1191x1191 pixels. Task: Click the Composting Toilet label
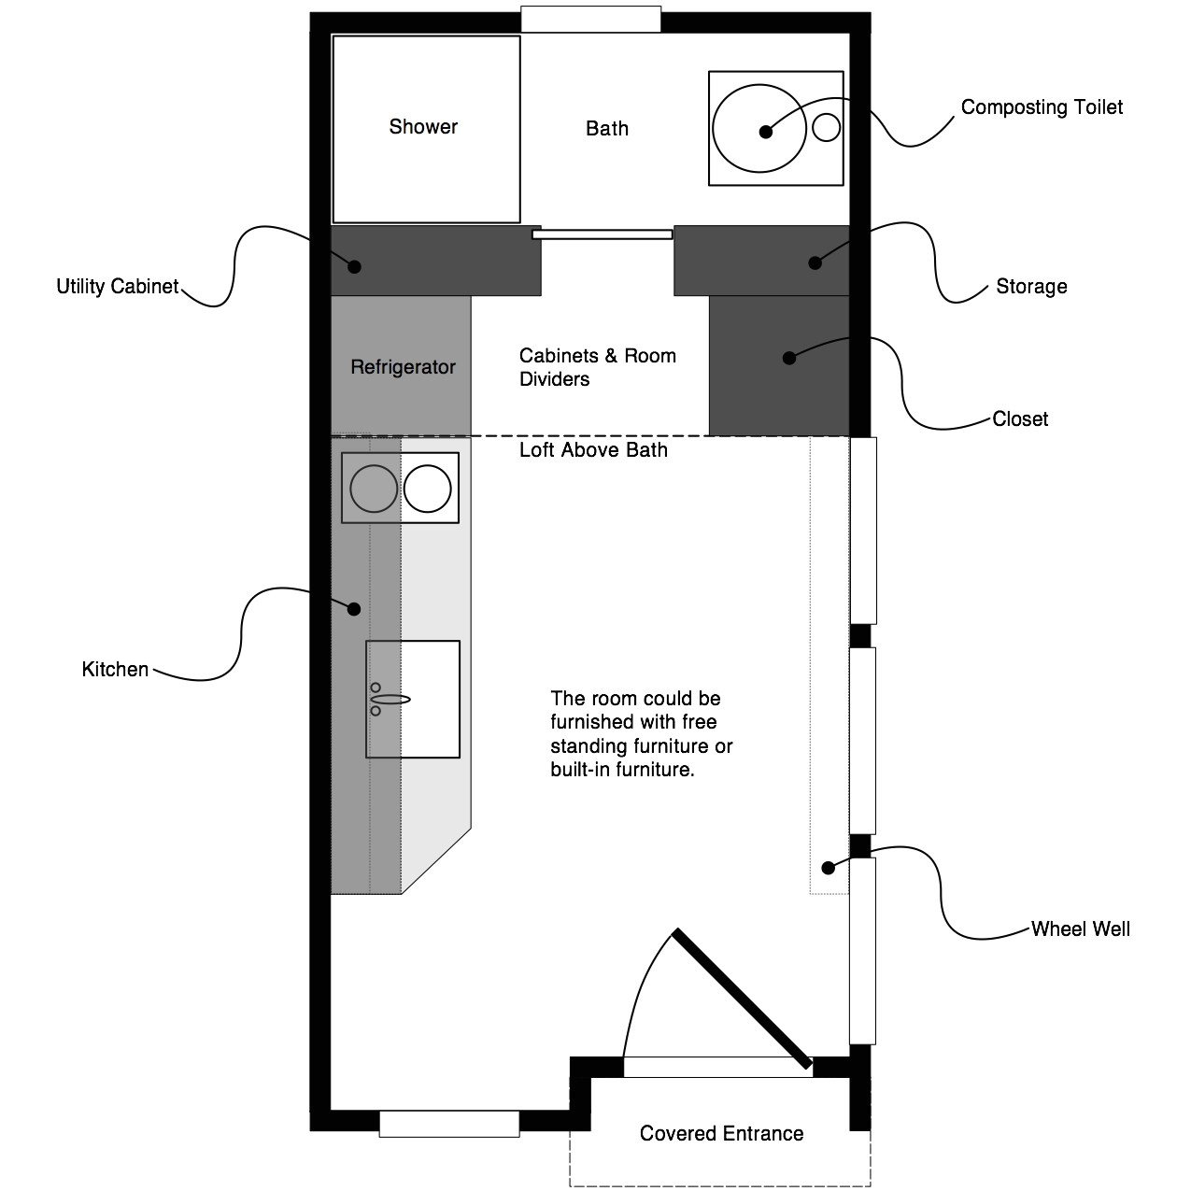coord(1042,107)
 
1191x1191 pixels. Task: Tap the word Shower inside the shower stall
coord(423,127)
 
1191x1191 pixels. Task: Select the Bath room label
coord(607,129)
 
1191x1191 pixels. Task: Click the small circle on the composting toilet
coord(827,126)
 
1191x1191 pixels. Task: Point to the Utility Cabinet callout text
coord(117,287)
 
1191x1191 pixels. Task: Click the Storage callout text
coord(1031,287)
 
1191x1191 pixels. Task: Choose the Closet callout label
coord(1020,419)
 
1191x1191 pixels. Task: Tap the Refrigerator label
coord(403,367)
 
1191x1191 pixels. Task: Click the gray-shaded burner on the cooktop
coord(374,488)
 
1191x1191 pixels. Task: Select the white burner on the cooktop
coord(428,488)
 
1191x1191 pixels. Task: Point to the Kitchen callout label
coord(115,670)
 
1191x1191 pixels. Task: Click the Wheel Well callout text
coord(1080,929)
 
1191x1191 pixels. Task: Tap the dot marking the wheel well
coord(828,868)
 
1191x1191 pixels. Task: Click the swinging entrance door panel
coord(743,998)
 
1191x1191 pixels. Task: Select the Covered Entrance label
coord(721,1134)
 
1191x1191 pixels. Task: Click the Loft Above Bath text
coord(593,451)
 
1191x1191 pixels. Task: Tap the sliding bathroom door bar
coord(603,234)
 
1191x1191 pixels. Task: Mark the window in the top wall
coord(590,20)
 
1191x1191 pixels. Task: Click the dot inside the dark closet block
coord(789,357)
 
